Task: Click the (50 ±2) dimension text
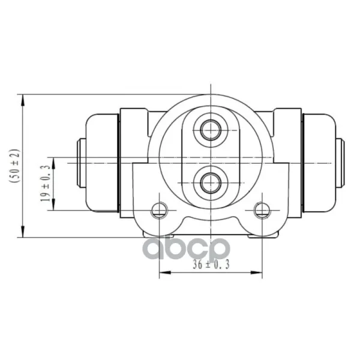tap(14, 166)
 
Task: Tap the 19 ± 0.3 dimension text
tap(45, 184)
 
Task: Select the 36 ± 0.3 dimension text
tap(211, 265)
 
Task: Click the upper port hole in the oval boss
tap(211, 130)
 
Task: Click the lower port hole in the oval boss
tap(211, 183)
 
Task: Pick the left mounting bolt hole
tap(159, 210)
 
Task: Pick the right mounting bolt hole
tap(262, 210)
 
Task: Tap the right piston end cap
tap(340, 163)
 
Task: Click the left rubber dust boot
tap(102, 163)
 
